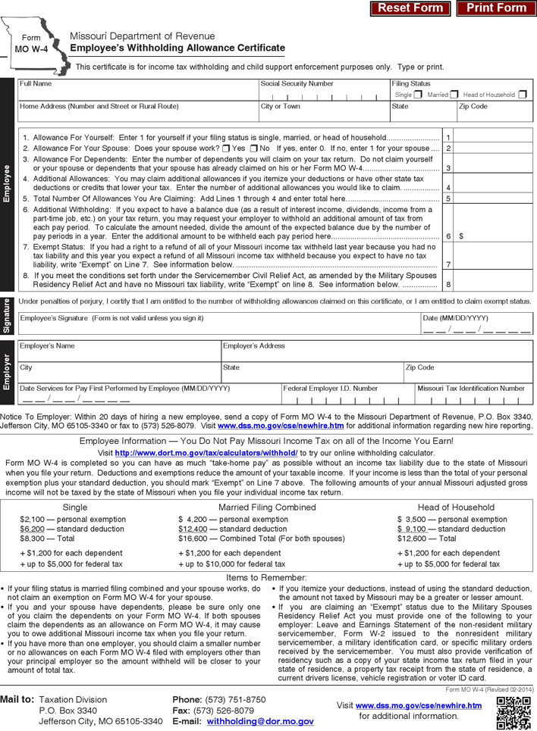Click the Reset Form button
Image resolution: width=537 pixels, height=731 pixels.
[410, 8]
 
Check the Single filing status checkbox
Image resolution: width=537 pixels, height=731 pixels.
[418, 95]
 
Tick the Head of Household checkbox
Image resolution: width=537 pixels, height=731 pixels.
[523, 95]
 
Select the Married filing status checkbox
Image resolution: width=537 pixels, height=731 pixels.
[454, 95]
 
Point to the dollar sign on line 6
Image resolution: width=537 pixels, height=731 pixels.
[461, 236]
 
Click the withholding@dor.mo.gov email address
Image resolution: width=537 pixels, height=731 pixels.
[259, 723]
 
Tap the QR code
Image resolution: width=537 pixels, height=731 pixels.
[513, 713]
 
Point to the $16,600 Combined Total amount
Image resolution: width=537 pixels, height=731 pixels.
[193, 539]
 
